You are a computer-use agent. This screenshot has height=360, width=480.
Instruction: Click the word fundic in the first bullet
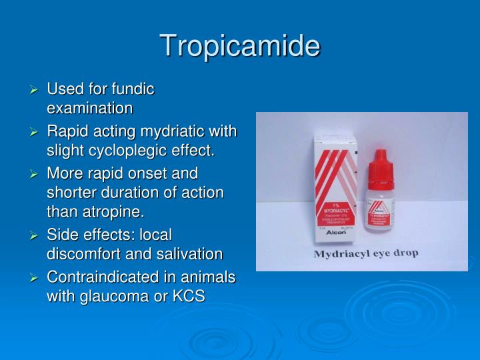pyautogui.click(x=132, y=89)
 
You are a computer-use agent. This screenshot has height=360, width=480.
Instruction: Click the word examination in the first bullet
pyautogui.click(x=90, y=108)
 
